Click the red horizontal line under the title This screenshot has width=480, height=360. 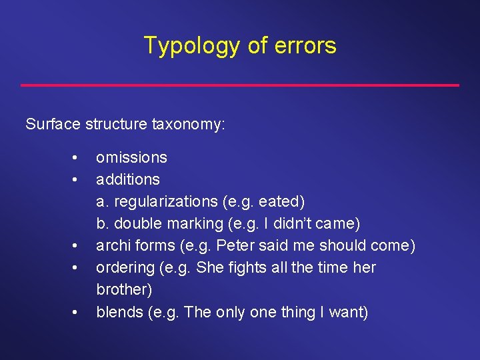(240, 85)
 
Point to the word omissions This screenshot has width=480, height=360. (131, 157)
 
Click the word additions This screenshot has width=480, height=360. (128, 179)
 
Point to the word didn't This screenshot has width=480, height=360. (300, 223)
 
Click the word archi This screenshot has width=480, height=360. (113, 245)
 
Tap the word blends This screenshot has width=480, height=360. (117, 311)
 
